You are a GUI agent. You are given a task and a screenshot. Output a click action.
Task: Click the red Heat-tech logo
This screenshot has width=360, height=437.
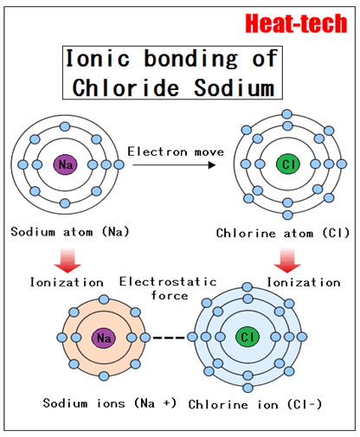coord(296,23)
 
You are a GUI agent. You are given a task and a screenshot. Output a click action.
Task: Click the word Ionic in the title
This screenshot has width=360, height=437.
coord(98,58)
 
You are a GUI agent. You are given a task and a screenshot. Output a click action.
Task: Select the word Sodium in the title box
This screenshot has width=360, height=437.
coord(234,87)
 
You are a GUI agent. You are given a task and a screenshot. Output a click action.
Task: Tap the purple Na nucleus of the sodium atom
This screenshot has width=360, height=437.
coord(65,164)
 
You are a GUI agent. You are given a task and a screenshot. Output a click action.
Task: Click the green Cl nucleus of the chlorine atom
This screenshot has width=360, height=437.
coord(288,164)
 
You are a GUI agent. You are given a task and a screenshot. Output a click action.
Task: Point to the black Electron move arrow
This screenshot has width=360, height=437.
coord(174,165)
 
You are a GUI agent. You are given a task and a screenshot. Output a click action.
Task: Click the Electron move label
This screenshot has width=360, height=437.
coord(176,151)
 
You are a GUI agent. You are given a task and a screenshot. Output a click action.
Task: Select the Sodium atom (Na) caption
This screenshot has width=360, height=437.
coord(70,232)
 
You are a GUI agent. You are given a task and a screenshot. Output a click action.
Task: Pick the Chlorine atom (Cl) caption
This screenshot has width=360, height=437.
coord(283,233)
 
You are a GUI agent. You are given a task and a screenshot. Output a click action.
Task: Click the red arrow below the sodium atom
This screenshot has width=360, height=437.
coord(67,260)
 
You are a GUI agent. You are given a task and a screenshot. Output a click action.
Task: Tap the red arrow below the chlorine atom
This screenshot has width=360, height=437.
coord(287,260)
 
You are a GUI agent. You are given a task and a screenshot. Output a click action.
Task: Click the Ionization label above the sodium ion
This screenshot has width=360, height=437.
coord(67,282)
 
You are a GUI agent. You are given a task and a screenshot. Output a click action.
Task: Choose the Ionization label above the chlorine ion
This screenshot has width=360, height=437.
coord(304,282)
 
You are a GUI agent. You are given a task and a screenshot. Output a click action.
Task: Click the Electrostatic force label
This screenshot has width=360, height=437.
coord(168,288)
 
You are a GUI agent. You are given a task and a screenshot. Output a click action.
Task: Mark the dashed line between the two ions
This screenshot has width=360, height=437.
coord(169,337)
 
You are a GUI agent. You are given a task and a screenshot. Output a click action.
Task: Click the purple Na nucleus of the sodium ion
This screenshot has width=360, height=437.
coord(104,337)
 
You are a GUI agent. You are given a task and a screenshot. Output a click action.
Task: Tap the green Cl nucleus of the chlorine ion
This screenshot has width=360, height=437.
coord(247,337)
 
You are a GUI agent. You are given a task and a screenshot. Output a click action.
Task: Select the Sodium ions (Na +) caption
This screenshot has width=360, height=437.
coord(110,403)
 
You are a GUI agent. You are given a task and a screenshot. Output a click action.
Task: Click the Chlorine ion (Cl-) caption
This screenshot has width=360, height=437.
coord(255,404)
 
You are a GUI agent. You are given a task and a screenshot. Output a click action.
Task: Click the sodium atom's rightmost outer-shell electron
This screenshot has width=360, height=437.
coord(119,164)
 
